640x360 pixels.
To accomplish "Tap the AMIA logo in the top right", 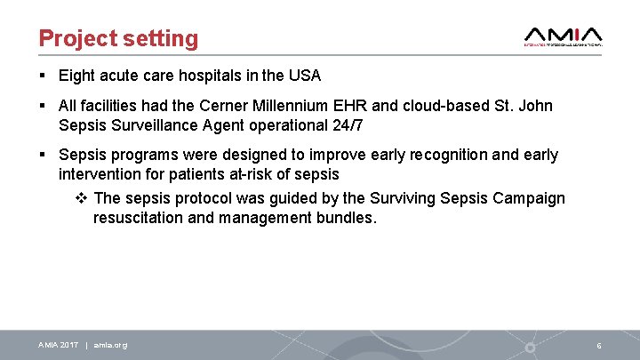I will [564, 36].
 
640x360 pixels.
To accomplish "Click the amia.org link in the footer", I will [110, 345].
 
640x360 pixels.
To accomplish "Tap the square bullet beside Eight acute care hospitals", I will [43, 76].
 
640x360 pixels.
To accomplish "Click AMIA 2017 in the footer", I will [59, 345].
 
